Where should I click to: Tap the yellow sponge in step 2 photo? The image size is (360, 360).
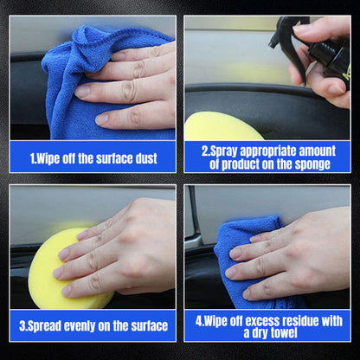(x=221, y=128)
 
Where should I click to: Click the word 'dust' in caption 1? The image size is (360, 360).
(x=145, y=158)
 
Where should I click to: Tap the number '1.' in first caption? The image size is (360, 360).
(x=34, y=158)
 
